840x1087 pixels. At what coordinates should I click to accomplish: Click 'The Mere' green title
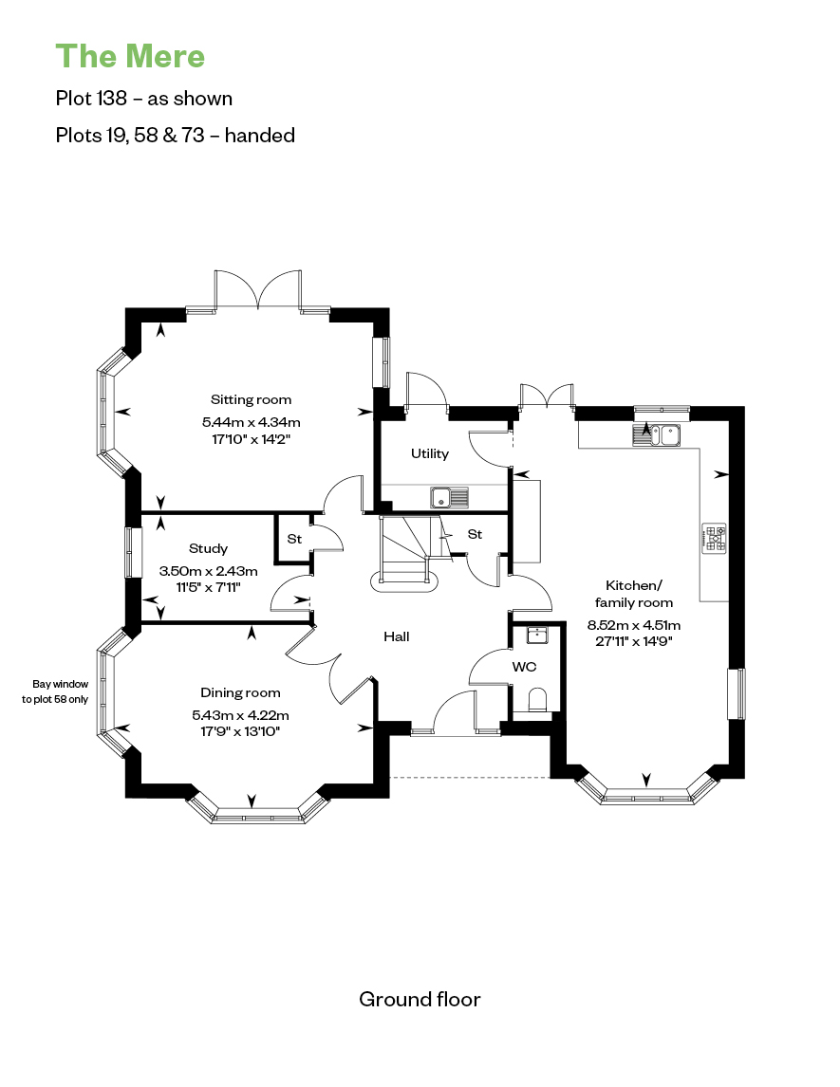click(x=130, y=56)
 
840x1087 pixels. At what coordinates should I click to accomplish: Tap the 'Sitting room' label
click(x=252, y=400)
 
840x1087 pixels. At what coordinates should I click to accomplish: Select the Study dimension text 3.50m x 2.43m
click(x=208, y=571)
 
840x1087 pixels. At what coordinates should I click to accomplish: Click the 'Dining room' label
click(x=241, y=692)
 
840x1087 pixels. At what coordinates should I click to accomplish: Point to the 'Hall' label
click(x=397, y=636)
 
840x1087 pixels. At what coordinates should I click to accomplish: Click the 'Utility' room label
click(x=430, y=453)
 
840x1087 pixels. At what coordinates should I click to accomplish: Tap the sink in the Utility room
click(x=450, y=497)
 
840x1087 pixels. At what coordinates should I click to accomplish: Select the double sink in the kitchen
click(x=656, y=434)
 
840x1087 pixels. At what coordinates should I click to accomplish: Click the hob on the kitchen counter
click(x=715, y=539)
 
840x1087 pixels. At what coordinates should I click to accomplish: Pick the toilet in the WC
click(x=538, y=700)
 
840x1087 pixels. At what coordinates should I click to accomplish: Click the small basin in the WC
click(x=537, y=635)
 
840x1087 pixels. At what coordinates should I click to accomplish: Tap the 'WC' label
click(x=524, y=667)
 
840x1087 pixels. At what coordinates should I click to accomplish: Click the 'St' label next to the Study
click(x=295, y=539)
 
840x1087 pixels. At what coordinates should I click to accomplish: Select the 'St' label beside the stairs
click(x=476, y=534)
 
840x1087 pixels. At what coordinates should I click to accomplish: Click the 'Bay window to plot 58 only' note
click(x=55, y=691)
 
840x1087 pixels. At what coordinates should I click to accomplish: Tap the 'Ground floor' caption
click(x=420, y=999)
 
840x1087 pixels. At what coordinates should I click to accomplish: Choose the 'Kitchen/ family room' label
click(x=634, y=594)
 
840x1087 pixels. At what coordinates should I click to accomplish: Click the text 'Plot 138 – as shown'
click(x=144, y=99)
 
